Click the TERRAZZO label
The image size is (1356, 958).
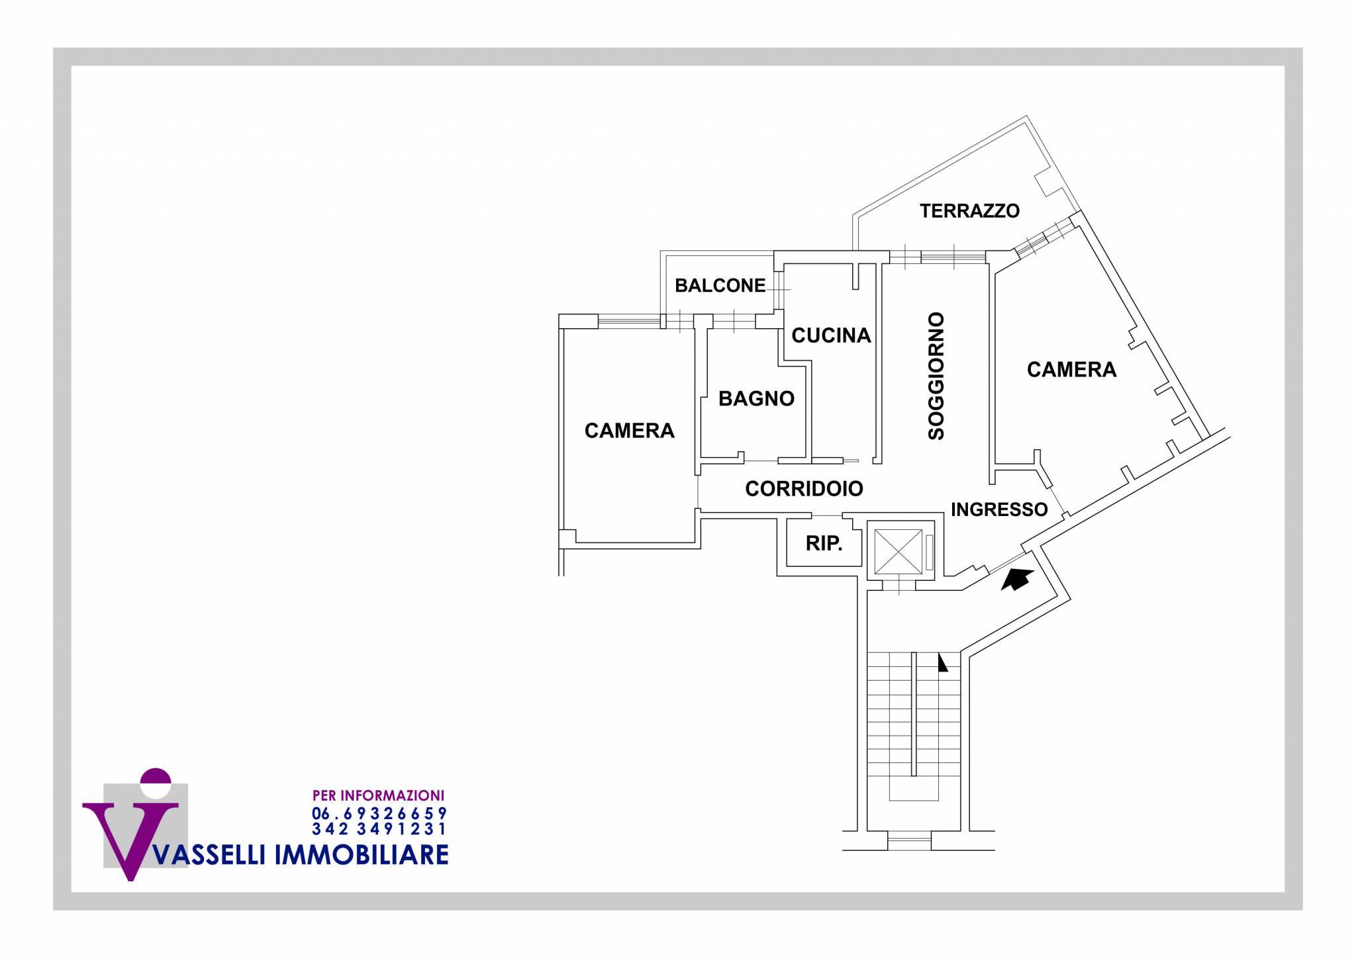969,211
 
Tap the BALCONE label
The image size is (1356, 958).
720,286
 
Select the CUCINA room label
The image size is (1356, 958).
831,335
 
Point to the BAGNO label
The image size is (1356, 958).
756,399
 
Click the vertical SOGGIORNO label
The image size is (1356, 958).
936,376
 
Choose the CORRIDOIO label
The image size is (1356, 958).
804,489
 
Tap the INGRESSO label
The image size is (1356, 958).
999,509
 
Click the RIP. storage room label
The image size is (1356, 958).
824,544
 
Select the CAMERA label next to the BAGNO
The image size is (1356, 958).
629,431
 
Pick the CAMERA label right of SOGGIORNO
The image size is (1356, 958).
1071,369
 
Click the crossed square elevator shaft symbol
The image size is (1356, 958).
898,552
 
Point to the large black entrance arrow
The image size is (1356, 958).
1017,579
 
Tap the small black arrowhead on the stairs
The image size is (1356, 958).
942,663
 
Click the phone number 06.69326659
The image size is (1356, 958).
379,813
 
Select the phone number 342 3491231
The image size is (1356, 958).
379,828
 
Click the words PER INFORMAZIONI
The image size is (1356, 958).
378,795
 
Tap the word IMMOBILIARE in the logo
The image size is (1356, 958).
362,855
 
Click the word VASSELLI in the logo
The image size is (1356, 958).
208,855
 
